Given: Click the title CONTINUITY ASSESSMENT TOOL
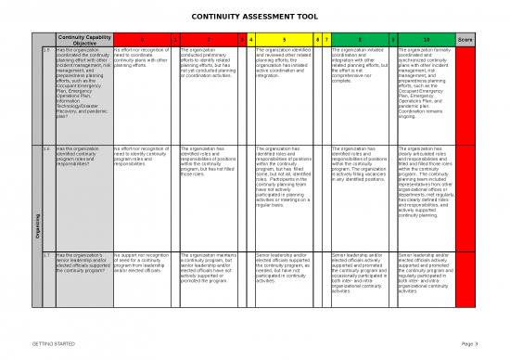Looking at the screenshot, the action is tap(254, 17).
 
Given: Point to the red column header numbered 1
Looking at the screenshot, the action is tap(173, 39).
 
